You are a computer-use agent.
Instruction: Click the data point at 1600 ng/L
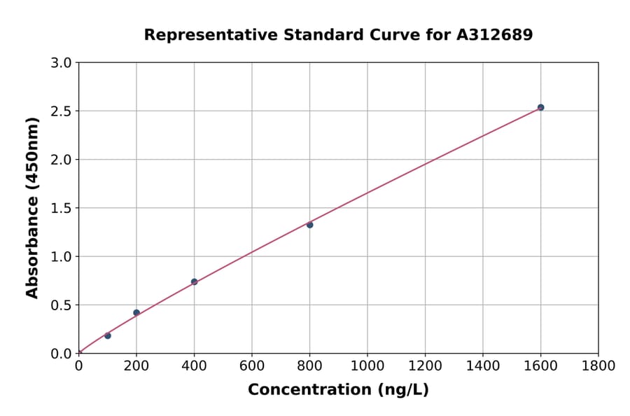[540, 107]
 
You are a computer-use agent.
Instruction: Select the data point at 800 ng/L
[309, 225]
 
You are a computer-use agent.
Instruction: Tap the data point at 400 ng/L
[194, 282]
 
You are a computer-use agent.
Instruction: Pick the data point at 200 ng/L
[136, 312]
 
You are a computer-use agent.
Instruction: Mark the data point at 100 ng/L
[108, 335]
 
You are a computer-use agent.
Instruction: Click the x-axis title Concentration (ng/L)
[338, 390]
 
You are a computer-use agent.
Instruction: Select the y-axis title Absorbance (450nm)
[32, 207]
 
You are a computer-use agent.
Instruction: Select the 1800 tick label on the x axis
[598, 366]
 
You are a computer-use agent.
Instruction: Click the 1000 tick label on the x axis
[367, 366]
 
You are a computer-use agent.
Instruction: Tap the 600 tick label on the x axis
[252, 366]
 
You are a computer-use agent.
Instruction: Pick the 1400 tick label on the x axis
[482, 366]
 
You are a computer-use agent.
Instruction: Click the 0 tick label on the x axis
[78, 366]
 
